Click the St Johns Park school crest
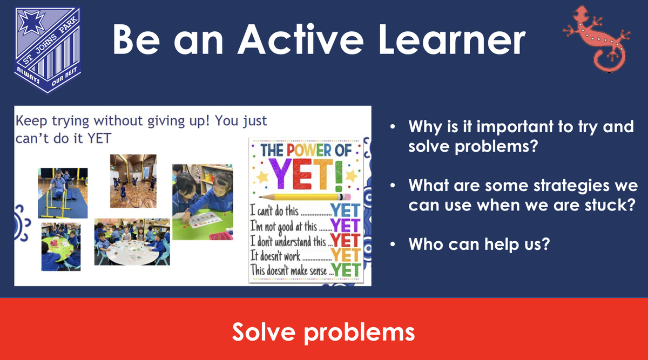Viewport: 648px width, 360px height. [x=48, y=51]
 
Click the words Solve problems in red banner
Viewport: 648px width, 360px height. [x=323, y=332]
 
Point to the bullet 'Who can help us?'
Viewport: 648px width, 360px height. [x=479, y=244]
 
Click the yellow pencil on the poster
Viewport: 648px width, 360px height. [x=305, y=197]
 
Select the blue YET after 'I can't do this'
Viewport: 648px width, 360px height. [x=346, y=210]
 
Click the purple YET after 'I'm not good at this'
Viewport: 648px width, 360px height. [x=346, y=225]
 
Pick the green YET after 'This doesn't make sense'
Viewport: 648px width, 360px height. [x=346, y=270]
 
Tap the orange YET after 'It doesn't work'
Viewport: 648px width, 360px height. [x=346, y=255]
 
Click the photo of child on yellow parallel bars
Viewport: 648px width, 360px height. [x=63, y=193]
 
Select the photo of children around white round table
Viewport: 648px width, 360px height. [x=132, y=242]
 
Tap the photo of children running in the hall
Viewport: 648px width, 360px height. [x=133, y=181]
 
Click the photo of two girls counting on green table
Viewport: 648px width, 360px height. [x=203, y=202]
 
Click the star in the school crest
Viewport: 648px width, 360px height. [x=31, y=23]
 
